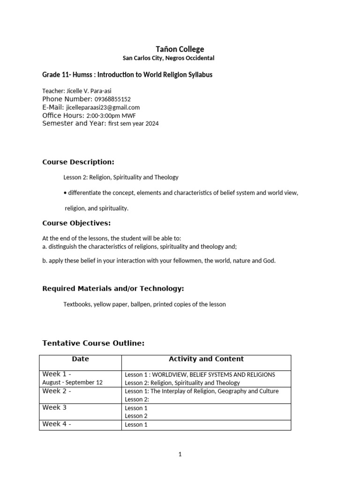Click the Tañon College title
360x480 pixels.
pyautogui.click(x=180, y=49)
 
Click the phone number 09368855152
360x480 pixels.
pyautogui.click(x=112, y=99)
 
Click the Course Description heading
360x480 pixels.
pyautogui.click(x=78, y=162)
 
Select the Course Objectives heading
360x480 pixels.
pyautogui.click(x=76, y=223)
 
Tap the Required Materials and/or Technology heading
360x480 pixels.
pyautogui.click(x=113, y=289)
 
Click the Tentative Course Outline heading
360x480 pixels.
pyautogui.click(x=93, y=344)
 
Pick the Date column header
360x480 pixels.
pyautogui.click(x=80, y=359)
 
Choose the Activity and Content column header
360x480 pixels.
pyautogui.click(x=206, y=359)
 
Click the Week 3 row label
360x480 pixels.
pyautogui.click(x=54, y=408)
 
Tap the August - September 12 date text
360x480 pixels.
pyautogui.click(x=72, y=382)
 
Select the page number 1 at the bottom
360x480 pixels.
pyautogui.click(x=180, y=454)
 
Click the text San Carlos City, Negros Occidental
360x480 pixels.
pyautogui.click(x=168, y=59)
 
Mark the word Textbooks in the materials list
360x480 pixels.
pyautogui.click(x=77, y=304)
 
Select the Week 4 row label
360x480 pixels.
pyautogui.click(x=56, y=424)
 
